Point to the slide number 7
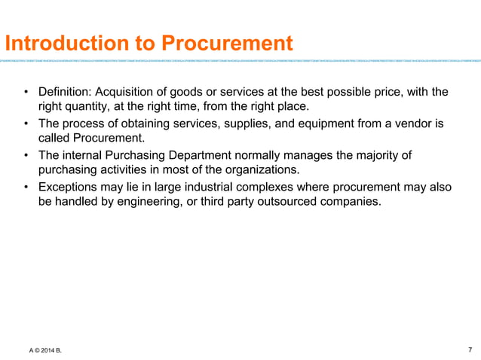[x=470, y=349]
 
